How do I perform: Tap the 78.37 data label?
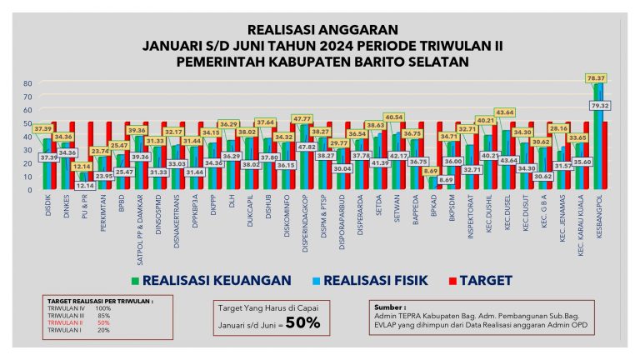596,77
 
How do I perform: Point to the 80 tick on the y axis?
27,83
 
